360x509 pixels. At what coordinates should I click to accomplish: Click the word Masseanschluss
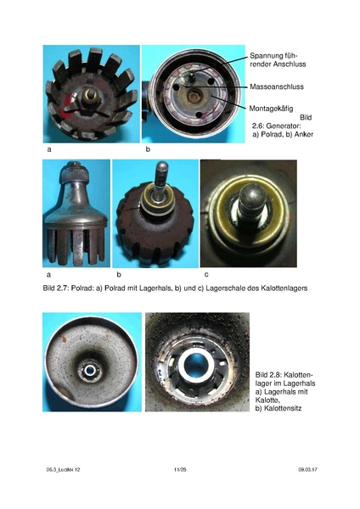pyautogui.click(x=277, y=87)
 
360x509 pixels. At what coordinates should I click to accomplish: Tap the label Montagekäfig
pyautogui.click(x=271, y=109)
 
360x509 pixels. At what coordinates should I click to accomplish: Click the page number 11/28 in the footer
pyautogui.click(x=180, y=469)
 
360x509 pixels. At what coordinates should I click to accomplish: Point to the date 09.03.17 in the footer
pyautogui.click(x=307, y=469)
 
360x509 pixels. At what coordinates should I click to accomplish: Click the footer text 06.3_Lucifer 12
pyautogui.click(x=63, y=469)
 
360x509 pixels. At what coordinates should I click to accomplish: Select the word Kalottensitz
pyautogui.click(x=283, y=408)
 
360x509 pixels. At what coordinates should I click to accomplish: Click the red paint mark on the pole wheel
pyautogui.click(x=68, y=104)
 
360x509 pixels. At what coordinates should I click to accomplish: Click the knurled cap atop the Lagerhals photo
pyautogui.click(x=75, y=173)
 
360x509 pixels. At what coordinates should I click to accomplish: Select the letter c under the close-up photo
pyautogui.click(x=206, y=275)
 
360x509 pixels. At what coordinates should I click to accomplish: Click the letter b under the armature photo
pyautogui.click(x=148, y=149)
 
